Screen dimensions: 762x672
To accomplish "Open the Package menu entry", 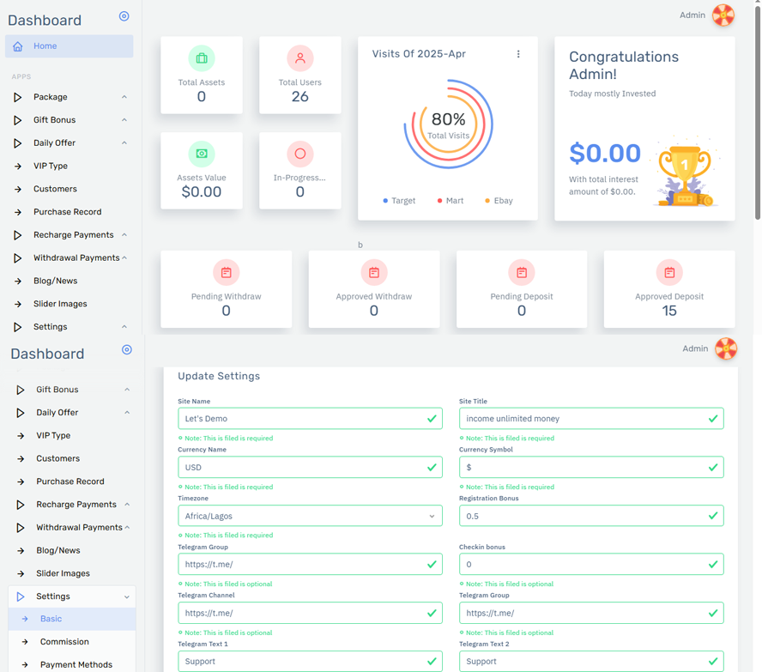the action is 51,97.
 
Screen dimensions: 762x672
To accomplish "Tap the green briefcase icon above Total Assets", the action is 202,58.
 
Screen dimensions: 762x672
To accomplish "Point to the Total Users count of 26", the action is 299,97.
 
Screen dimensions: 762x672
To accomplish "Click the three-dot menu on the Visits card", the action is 518,54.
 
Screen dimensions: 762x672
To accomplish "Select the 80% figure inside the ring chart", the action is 448,119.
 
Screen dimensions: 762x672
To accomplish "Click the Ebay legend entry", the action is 499,201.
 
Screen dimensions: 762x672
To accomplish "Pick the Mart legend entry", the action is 451,201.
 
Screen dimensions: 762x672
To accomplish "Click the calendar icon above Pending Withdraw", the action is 226,273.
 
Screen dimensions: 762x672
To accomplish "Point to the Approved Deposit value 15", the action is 669,311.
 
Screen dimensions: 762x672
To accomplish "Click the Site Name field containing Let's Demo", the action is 310,418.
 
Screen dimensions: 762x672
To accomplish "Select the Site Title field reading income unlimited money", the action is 591,418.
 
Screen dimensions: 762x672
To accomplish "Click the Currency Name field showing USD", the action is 310,467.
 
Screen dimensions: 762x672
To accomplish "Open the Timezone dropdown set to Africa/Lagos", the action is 310,516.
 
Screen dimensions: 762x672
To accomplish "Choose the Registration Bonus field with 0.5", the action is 591,516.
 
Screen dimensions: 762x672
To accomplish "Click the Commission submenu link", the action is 64,642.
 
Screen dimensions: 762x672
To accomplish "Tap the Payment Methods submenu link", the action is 76,665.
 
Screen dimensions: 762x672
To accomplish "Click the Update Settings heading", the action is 219,376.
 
